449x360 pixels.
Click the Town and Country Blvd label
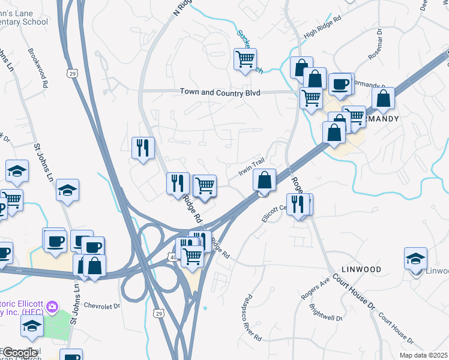pos(220,92)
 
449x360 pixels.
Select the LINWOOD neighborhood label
pos(361,269)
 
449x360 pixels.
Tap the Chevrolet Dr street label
pos(102,305)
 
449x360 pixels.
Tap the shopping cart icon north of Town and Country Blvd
pos(245,59)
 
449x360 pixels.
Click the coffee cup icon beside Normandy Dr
pos(340,84)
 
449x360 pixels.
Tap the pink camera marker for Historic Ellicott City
pos(52,307)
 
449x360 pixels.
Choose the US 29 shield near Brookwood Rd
pos(72,73)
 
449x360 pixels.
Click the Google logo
pos(20,353)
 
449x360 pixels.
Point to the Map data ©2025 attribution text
pos(423,355)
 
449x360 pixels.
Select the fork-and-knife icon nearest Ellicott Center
pos(297,205)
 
